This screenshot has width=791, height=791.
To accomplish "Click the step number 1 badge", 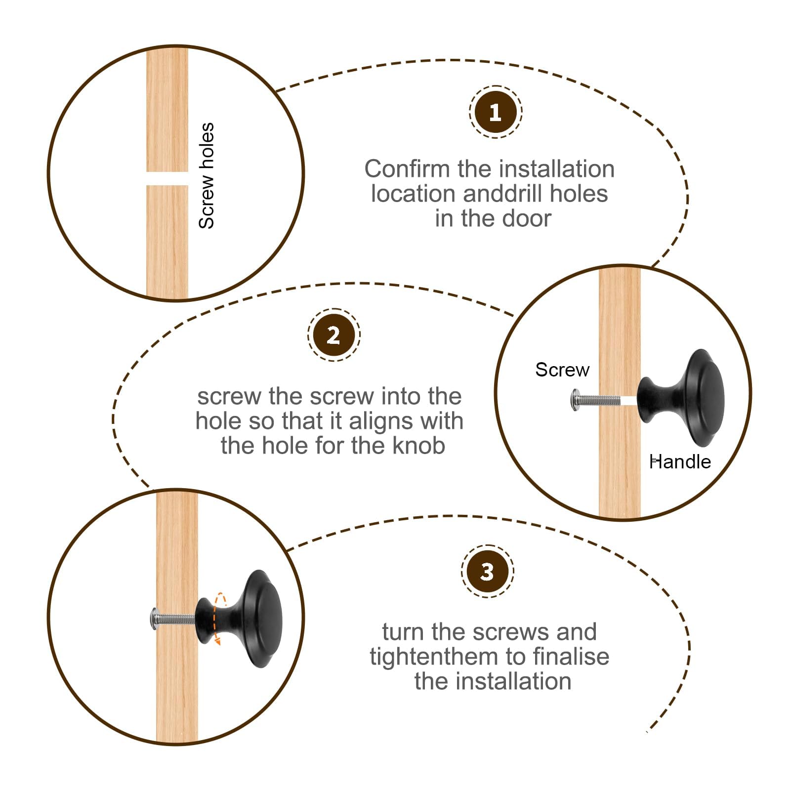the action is (496, 112).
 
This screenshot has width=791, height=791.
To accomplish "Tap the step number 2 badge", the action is (333, 335).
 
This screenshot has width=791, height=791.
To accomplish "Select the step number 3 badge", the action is (487, 571).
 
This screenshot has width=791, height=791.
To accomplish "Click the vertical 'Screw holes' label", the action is (207, 176).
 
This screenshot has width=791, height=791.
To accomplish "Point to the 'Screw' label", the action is (562, 370).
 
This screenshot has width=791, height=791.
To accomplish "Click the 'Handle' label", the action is (680, 462).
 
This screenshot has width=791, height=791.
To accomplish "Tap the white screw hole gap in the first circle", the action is (167, 178).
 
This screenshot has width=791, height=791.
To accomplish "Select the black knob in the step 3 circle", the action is (239, 619).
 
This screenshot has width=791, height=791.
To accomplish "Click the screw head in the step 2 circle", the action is (576, 399).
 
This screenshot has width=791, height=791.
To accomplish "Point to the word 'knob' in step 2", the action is (419, 446).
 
